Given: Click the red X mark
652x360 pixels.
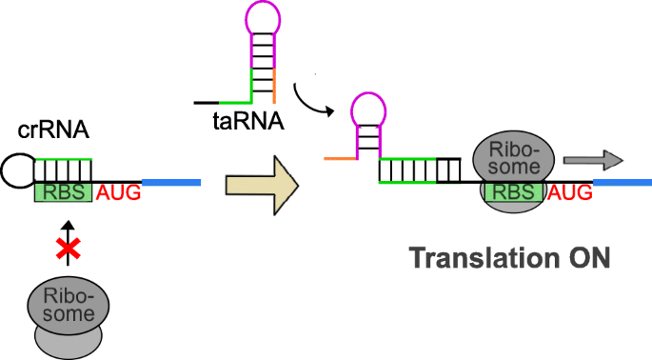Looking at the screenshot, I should [65, 250].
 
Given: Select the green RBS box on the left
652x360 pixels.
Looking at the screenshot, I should [63, 192].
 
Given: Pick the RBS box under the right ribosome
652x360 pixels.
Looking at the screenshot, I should [514, 193].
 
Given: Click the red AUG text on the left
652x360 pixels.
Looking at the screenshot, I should [118, 193].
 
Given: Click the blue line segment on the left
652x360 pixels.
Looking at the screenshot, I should [171, 180].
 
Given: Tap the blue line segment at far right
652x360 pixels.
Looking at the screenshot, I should [622, 180].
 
